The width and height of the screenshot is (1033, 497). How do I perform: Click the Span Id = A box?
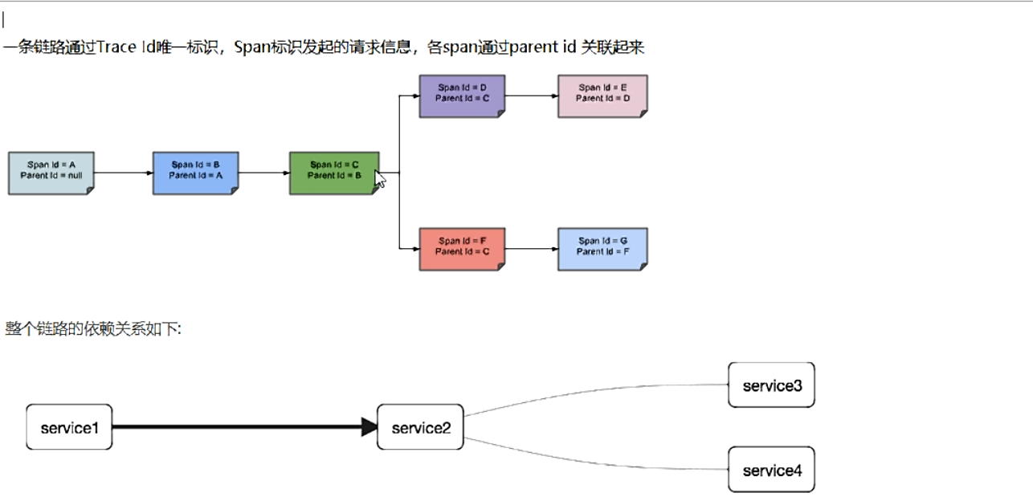pos(51,173)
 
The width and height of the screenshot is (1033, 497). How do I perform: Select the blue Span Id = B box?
pos(195,173)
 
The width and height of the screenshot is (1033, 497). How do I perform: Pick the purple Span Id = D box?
pos(462,96)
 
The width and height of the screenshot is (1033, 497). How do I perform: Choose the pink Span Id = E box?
pos(602,96)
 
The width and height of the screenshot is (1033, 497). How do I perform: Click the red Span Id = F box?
pos(462,249)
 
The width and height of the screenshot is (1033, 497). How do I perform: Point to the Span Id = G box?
pos(602,249)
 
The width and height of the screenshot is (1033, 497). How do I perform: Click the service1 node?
pos(69,427)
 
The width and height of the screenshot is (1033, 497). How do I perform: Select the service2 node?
pos(420,427)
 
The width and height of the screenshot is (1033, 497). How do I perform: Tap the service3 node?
pos(771,385)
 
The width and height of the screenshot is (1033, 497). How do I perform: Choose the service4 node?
pos(771,470)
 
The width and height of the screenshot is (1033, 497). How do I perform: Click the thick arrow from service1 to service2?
pos(241,427)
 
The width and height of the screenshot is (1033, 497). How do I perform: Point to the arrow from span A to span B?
pos(123,173)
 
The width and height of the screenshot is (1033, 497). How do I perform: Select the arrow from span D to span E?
pos(531,96)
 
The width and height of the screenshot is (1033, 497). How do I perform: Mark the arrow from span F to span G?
pos(531,249)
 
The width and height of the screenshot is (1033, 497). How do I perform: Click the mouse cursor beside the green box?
pos(380,179)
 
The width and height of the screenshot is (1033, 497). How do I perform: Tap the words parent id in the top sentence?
pos(543,47)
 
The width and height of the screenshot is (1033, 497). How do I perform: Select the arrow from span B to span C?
pos(263,173)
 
